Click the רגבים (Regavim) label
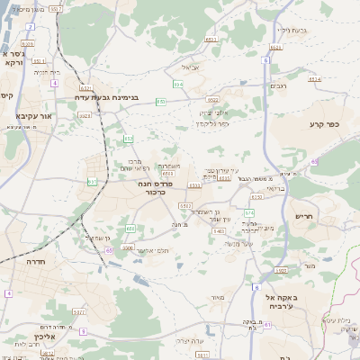(278, 85)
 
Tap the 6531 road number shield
(211, 40)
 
